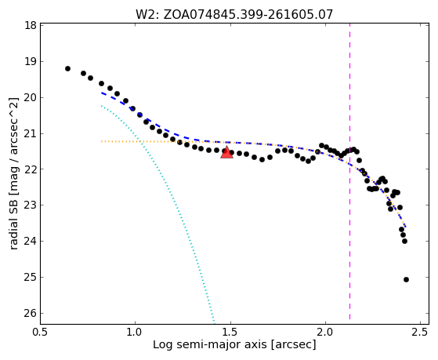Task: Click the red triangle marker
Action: tap(226, 152)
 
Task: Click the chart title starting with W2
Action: tap(234, 15)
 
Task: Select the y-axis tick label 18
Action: tap(31, 25)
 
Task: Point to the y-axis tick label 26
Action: tap(31, 313)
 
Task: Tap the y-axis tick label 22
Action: tap(31, 169)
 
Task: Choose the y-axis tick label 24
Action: tap(31, 241)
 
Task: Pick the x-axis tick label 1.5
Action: tap(230, 332)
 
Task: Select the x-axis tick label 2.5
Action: tap(421, 332)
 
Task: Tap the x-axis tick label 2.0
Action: tap(325, 332)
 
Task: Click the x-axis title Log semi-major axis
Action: tap(209, 344)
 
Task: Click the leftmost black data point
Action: tap(67, 68)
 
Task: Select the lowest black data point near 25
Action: tap(406, 279)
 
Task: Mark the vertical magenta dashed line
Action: tap(349, 172)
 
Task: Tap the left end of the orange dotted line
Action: tap(102, 141)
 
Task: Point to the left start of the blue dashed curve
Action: tap(102, 93)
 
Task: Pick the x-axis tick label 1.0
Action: tap(136, 332)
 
